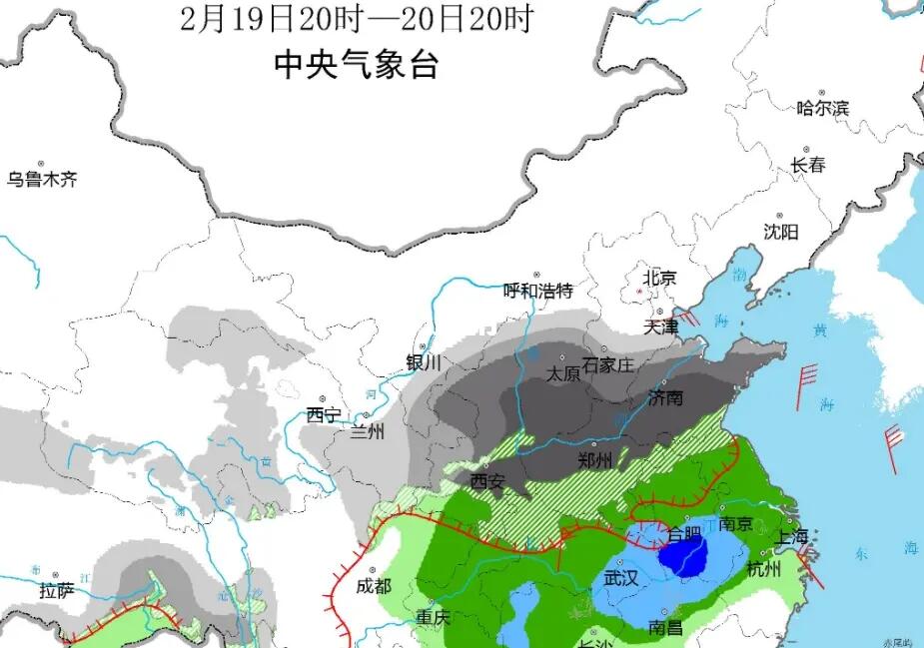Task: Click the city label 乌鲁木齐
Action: coord(42,180)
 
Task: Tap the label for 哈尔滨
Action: coord(822,108)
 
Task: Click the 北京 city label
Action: coord(659,278)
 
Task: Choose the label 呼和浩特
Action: coord(538,291)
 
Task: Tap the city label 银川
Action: coord(424,363)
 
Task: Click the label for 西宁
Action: coord(324,415)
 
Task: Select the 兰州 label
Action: coord(367,432)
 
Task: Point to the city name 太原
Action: coord(563,373)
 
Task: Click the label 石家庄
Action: coord(608,365)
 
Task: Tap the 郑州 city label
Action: coord(595,460)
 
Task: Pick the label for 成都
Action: coord(374,586)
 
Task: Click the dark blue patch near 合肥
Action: coord(683,555)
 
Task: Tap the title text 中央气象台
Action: coord(357,66)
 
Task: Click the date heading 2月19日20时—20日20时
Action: coord(357,18)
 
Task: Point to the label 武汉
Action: coord(620,578)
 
